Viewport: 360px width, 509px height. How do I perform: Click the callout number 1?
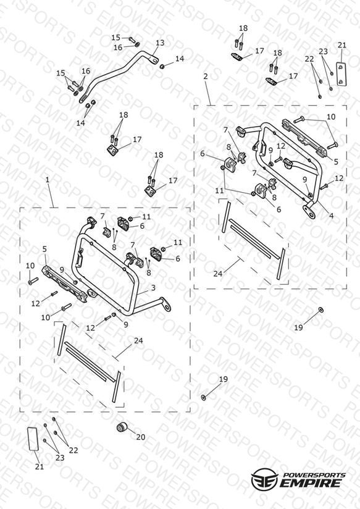pos(48,180)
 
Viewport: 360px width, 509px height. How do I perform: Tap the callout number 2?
pos(206,77)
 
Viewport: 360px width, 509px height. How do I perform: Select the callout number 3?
pos(153,288)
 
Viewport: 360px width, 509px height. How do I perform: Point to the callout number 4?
pos(332,215)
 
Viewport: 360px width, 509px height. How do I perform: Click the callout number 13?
pos(160,43)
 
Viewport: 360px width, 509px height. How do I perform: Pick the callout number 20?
pos(141,437)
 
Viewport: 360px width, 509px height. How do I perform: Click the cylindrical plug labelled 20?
pos(122,427)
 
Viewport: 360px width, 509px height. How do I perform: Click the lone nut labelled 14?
pos(162,66)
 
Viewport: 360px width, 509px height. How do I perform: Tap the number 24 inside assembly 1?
pos(138,341)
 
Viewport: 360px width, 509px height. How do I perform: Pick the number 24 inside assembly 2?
pos(218,274)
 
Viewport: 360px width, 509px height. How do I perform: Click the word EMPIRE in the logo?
pos(311,482)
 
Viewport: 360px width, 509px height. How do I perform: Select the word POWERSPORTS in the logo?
pos(314,475)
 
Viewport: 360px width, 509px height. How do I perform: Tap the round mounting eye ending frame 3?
pos(167,306)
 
